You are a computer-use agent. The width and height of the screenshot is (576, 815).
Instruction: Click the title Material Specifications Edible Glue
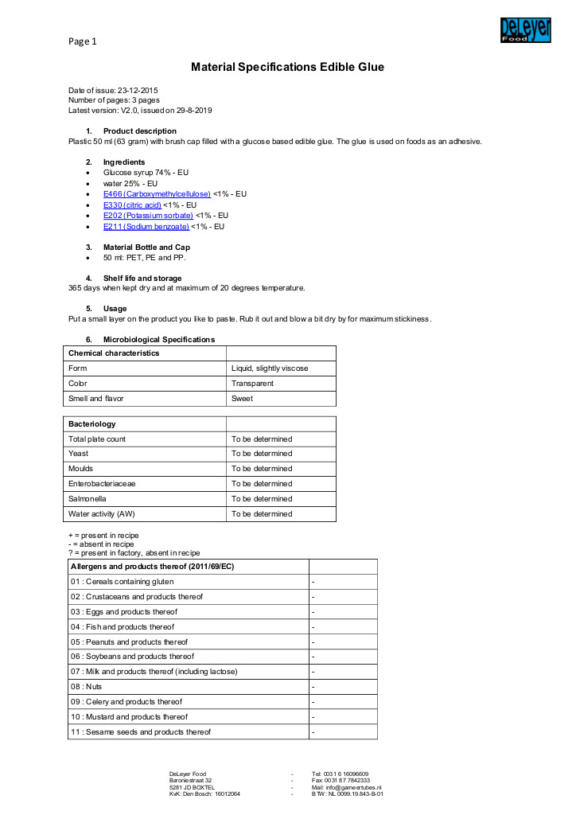pyautogui.click(x=287, y=67)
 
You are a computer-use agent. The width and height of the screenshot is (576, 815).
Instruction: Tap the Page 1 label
pyautogui.click(x=83, y=41)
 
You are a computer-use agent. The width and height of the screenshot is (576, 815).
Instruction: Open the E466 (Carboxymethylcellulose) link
pyautogui.click(x=157, y=193)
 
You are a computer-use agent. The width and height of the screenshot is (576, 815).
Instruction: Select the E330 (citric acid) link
pyautogui.click(x=132, y=205)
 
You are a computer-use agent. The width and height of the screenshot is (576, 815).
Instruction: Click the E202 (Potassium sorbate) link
pyautogui.click(x=148, y=216)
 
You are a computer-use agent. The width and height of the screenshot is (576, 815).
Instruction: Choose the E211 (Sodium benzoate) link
pyautogui.click(x=146, y=227)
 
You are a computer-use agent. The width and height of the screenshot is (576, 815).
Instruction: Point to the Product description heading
pyautogui.click(x=140, y=131)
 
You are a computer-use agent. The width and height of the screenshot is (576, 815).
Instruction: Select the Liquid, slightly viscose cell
pyautogui.click(x=270, y=369)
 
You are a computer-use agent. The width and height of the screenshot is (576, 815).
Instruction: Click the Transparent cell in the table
pyautogui.click(x=252, y=384)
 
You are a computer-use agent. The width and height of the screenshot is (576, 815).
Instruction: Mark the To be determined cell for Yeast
pyautogui.click(x=262, y=454)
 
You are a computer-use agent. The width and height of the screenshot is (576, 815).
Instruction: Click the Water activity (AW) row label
pyautogui.click(x=102, y=514)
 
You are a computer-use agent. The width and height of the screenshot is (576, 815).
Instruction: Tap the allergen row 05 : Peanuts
pyautogui.click(x=129, y=641)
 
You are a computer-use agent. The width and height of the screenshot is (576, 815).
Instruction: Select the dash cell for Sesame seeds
pyautogui.click(x=313, y=732)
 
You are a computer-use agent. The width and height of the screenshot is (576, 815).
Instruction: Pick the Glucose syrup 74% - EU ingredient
pyautogui.click(x=146, y=172)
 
